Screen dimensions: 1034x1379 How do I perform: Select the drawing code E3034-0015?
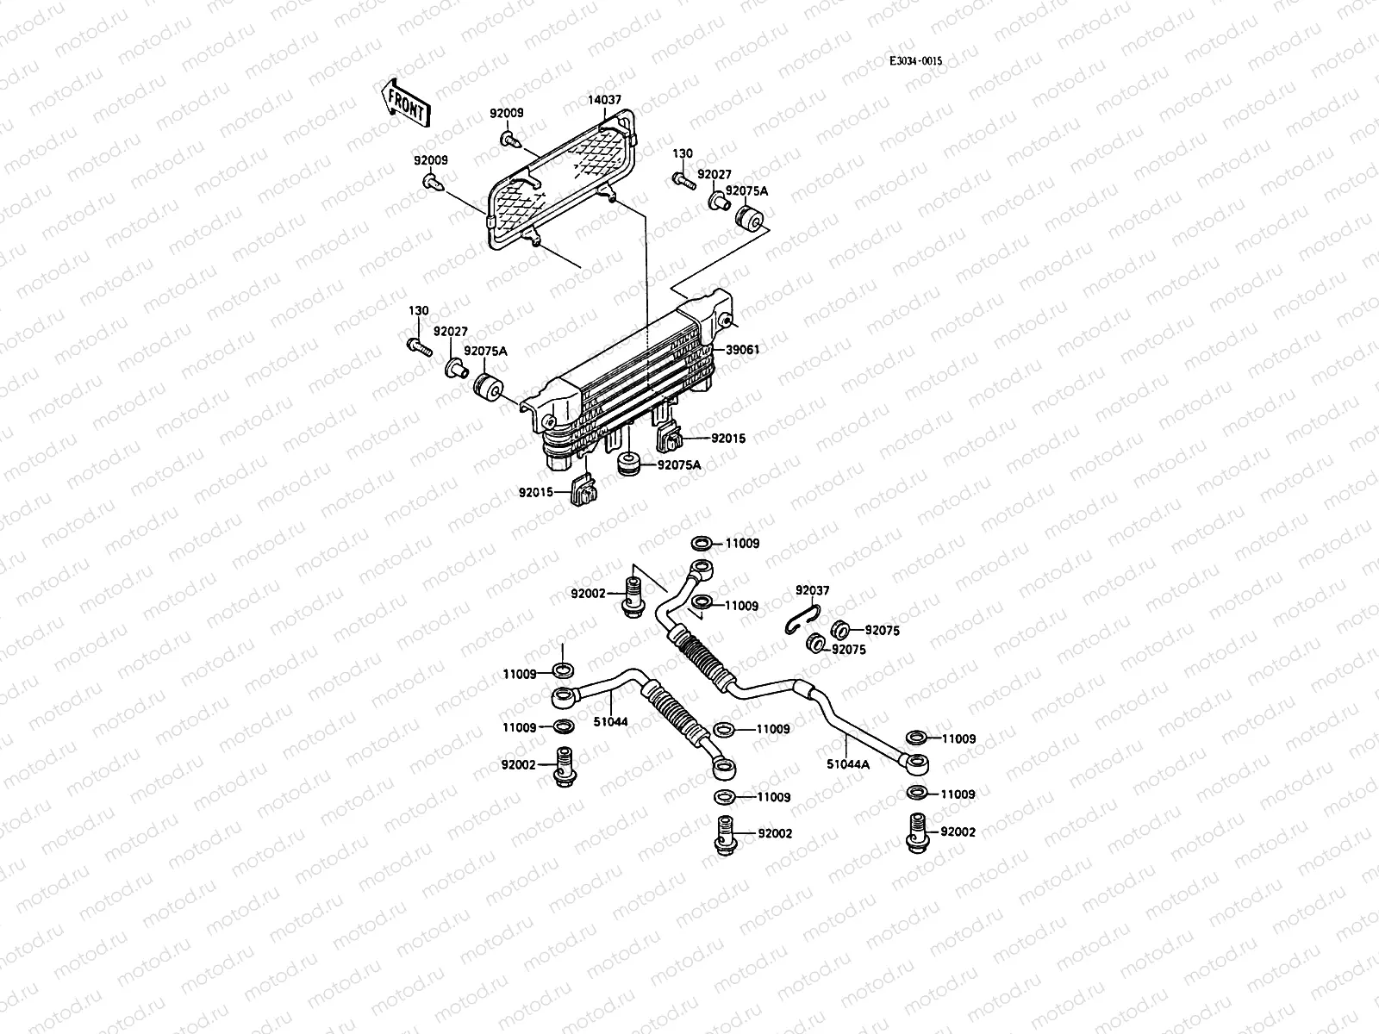click(x=916, y=62)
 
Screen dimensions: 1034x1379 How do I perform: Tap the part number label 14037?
click(x=604, y=100)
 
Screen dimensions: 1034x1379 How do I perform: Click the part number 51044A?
click(x=848, y=763)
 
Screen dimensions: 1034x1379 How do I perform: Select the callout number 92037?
click(x=812, y=590)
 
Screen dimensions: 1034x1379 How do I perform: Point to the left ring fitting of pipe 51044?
click(x=561, y=695)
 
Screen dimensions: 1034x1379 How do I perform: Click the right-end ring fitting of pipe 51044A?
click(x=917, y=763)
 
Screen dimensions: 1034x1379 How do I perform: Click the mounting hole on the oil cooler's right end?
click(x=727, y=321)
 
